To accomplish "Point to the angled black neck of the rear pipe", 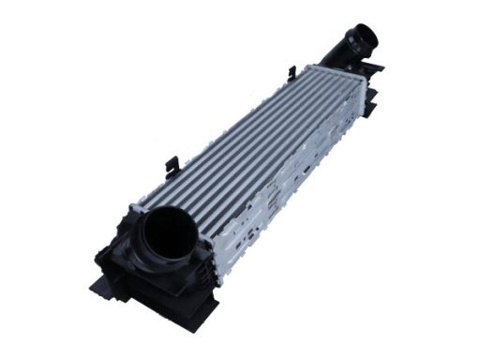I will (339, 54).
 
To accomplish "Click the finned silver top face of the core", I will (253, 141).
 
